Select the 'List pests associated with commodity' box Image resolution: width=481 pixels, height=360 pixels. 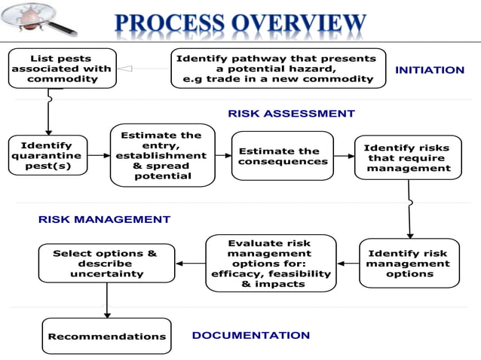(x=62, y=69)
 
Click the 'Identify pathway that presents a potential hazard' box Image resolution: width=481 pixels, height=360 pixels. (x=275, y=69)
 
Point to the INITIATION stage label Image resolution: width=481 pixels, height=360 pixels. (x=429, y=70)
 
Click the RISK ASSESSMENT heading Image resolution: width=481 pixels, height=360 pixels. (x=291, y=114)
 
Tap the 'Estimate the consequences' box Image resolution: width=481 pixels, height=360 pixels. (x=283, y=156)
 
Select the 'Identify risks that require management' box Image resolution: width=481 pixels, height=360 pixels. (x=406, y=158)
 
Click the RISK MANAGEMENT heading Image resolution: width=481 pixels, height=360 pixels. (x=104, y=219)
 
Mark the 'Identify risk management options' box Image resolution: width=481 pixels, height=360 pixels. (x=409, y=264)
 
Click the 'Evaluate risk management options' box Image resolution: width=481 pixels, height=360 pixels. (x=269, y=264)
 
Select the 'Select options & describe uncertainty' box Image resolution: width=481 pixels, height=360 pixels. (x=106, y=264)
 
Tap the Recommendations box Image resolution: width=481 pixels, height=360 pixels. (x=106, y=337)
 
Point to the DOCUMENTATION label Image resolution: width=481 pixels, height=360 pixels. (x=250, y=335)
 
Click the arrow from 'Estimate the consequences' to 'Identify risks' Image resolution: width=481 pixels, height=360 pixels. (x=344, y=157)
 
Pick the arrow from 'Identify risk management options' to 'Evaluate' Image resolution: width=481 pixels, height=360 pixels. (x=347, y=264)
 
